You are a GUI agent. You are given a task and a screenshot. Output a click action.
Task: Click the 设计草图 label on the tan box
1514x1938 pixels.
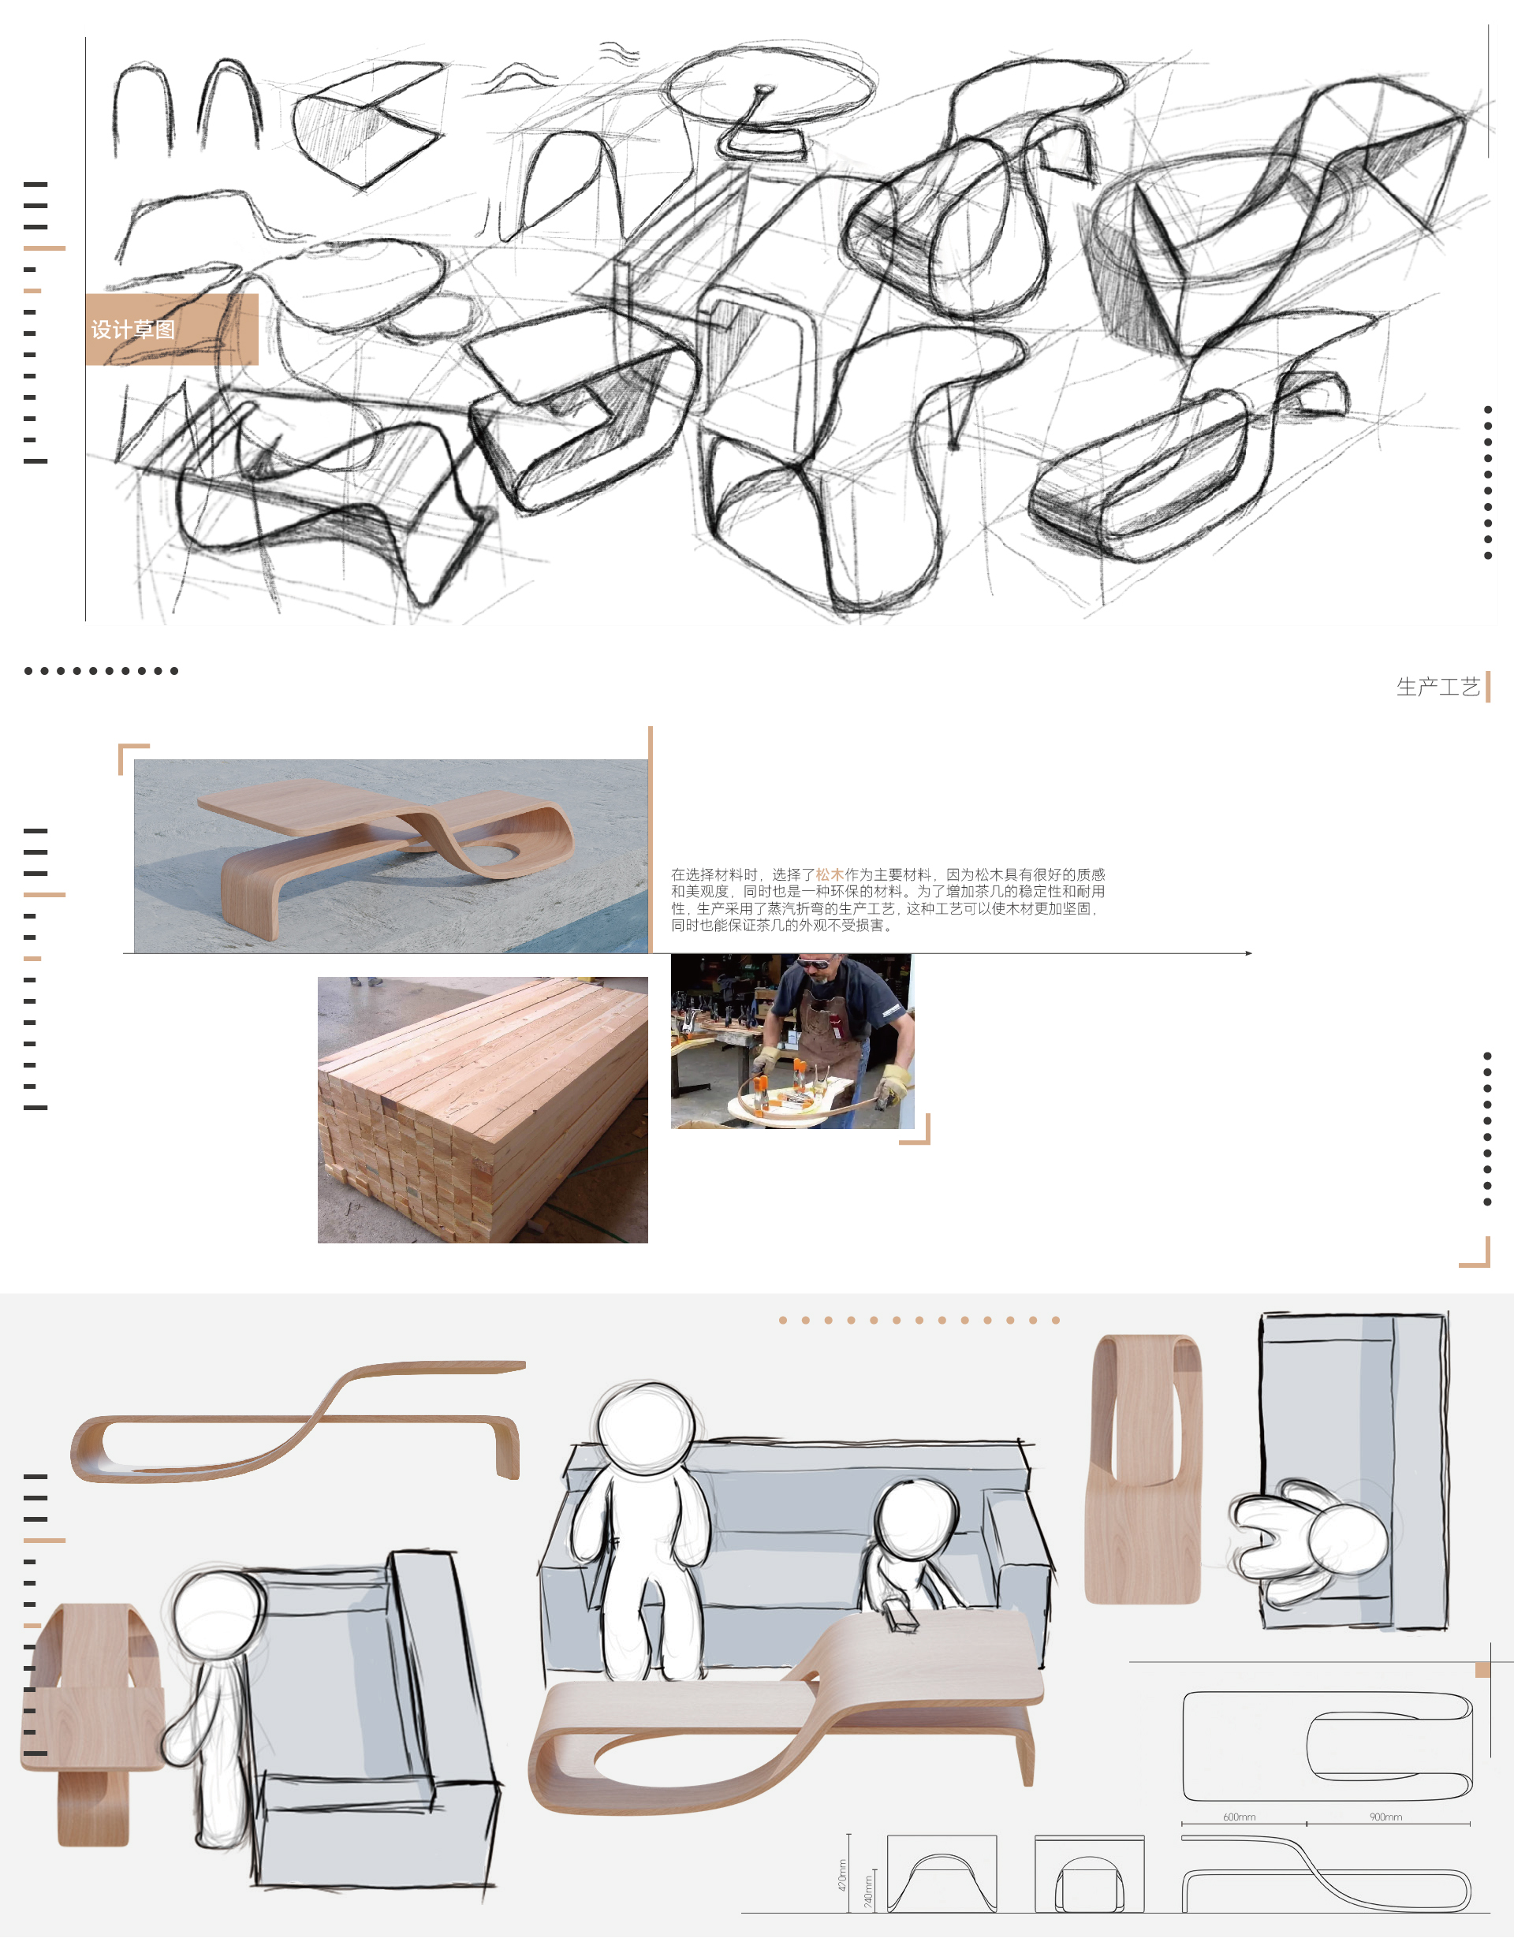pyautogui.click(x=133, y=330)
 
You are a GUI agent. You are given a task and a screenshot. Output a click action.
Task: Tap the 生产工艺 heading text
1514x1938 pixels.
pyautogui.click(x=1438, y=687)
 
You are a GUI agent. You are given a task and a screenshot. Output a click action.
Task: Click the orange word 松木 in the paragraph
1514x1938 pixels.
pyautogui.click(x=830, y=875)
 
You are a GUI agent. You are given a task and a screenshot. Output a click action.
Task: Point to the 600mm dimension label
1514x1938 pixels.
pyautogui.click(x=1239, y=1817)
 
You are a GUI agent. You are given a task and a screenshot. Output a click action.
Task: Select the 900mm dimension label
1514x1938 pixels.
pyautogui.click(x=1385, y=1817)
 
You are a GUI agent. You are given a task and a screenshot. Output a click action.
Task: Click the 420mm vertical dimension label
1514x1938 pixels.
pyautogui.click(x=842, y=1874)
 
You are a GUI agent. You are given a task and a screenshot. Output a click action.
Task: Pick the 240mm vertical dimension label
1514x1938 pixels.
pyautogui.click(x=868, y=1890)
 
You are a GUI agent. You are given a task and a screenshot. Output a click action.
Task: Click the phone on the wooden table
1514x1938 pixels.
pyautogui.click(x=901, y=1619)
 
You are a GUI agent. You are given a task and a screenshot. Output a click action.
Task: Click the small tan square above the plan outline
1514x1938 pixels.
pyautogui.click(x=1482, y=1670)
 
